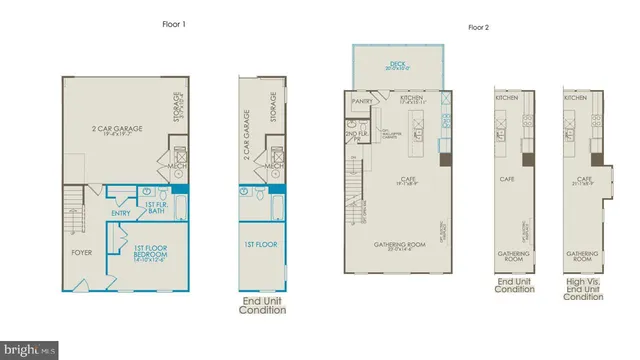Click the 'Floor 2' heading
479,27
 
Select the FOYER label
81,253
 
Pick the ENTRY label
121,212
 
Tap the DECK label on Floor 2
396,64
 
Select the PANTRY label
362,101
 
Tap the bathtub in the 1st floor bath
181,209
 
